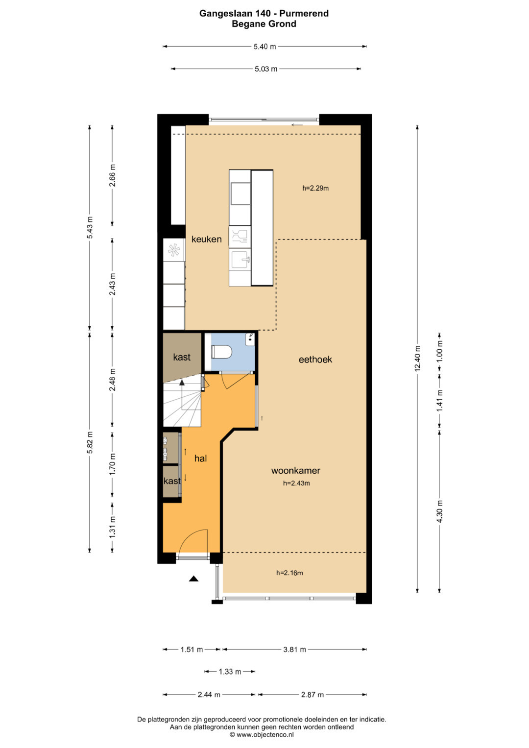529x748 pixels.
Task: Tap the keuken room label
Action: tap(206, 239)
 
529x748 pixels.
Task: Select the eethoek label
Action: tap(315, 360)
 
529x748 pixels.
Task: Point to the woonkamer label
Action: tap(295, 471)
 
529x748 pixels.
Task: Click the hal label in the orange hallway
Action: tap(200, 458)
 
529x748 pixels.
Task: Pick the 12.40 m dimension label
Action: tap(417, 359)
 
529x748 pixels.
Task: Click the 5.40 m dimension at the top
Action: tap(265, 47)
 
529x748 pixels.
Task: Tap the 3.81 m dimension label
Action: tap(294, 650)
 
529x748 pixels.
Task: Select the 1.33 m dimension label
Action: tap(230, 672)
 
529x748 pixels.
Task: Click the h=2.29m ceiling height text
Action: tap(315, 188)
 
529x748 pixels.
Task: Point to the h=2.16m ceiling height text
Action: tap(289, 573)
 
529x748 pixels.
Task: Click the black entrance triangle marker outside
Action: tap(193, 579)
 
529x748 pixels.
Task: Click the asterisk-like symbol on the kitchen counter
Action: tap(174, 250)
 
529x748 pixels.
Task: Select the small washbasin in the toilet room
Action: tap(250, 339)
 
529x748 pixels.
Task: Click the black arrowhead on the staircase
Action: tap(182, 383)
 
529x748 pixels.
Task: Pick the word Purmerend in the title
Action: tap(304, 13)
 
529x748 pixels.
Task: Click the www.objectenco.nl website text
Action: tap(265, 734)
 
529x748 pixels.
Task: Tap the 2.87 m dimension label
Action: tap(313, 695)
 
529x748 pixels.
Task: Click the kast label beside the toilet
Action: tap(182, 357)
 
